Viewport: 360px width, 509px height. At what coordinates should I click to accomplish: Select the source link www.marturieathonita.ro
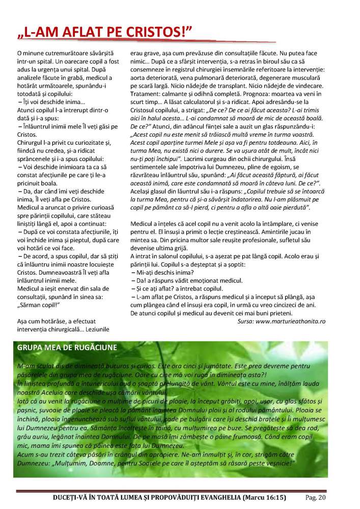click(290, 322)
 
